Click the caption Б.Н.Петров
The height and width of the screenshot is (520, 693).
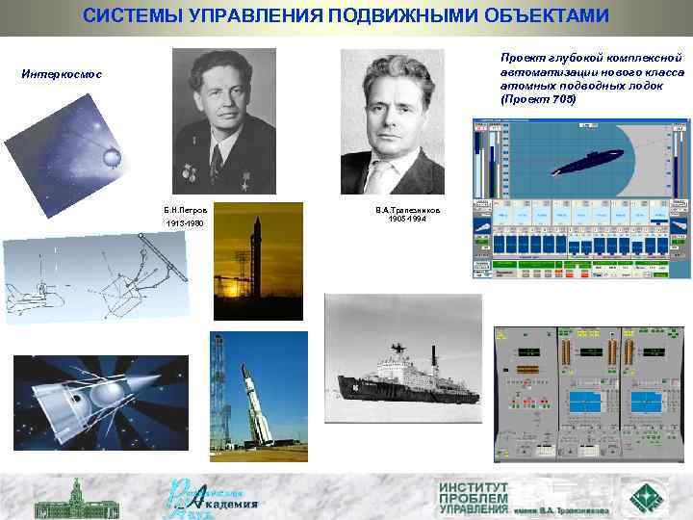tap(185, 208)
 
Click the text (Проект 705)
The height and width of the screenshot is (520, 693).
tap(538, 99)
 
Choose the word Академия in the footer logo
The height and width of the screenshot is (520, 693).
tap(230, 503)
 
